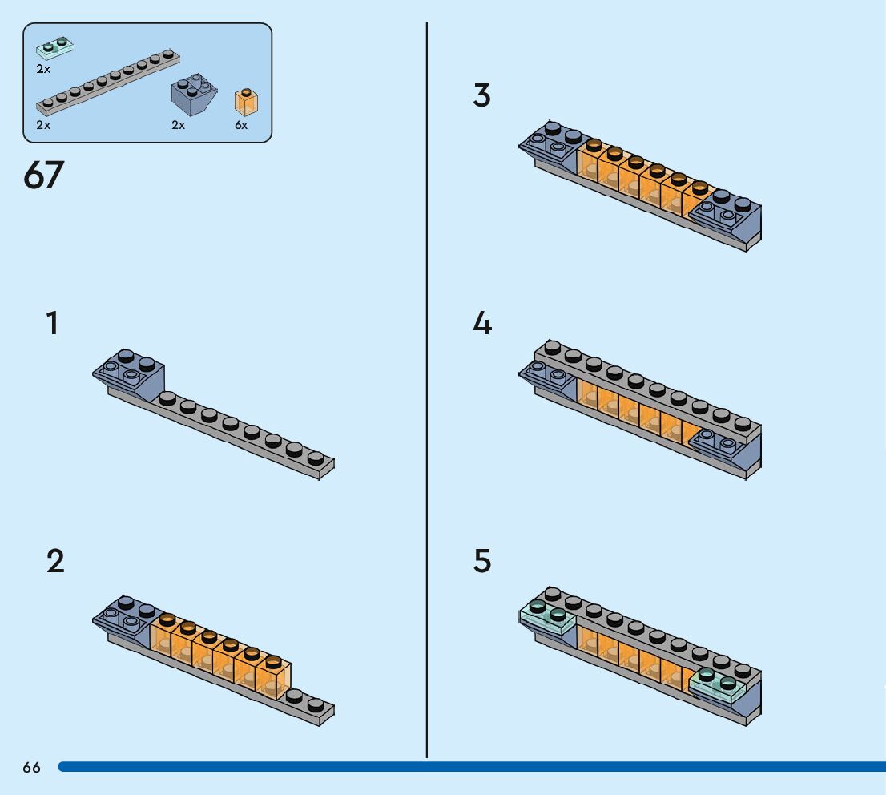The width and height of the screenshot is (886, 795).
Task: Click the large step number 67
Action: [43, 175]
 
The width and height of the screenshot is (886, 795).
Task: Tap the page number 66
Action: [32, 768]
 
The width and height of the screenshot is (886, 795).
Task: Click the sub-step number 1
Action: [52, 324]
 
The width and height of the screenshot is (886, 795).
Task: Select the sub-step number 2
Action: [54, 561]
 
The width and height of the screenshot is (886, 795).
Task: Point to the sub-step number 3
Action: [481, 96]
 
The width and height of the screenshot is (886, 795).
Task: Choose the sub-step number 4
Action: [481, 324]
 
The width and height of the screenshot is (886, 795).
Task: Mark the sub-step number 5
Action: [481, 561]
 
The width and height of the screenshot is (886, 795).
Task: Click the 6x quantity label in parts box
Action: [241, 126]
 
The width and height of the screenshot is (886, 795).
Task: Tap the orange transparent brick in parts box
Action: [246, 103]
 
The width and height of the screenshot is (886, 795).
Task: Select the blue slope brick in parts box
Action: [194, 95]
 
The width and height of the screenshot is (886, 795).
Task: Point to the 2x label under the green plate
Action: [43, 69]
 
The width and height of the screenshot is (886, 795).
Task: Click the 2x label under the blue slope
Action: [178, 126]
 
